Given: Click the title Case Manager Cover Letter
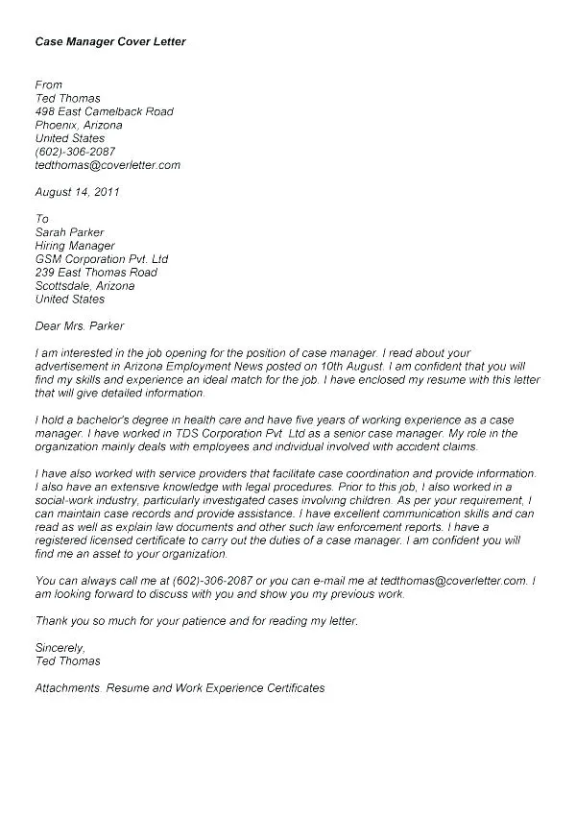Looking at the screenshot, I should pyautogui.click(x=110, y=43).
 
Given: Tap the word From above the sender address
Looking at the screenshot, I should pyautogui.click(x=49, y=85).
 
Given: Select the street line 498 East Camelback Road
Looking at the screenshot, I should pyautogui.click(x=105, y=111).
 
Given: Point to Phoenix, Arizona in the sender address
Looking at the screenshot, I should pyautogui.click(x=79, y=125).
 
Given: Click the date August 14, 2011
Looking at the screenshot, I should pyautogui.click(x=78, y=192).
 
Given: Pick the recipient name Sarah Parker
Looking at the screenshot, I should pyautogui.click(x=69, y=232).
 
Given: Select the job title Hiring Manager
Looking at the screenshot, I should pyautogui.click(x=75, y=246).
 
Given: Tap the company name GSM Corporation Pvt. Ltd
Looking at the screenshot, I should pyautogui.click(x=102, y=259).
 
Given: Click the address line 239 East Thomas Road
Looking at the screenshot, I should pyautogui.click(x=96, y=273).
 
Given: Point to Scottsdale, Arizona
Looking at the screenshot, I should pyautogui.click(x=84, y=286).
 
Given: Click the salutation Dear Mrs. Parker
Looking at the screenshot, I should pyautogui.click(x=80, y=326).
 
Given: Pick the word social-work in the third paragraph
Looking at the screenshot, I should pyautogui.click(x=66, y=501).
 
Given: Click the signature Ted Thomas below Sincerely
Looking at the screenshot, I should pyautogui.click(x=67, y=661).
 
